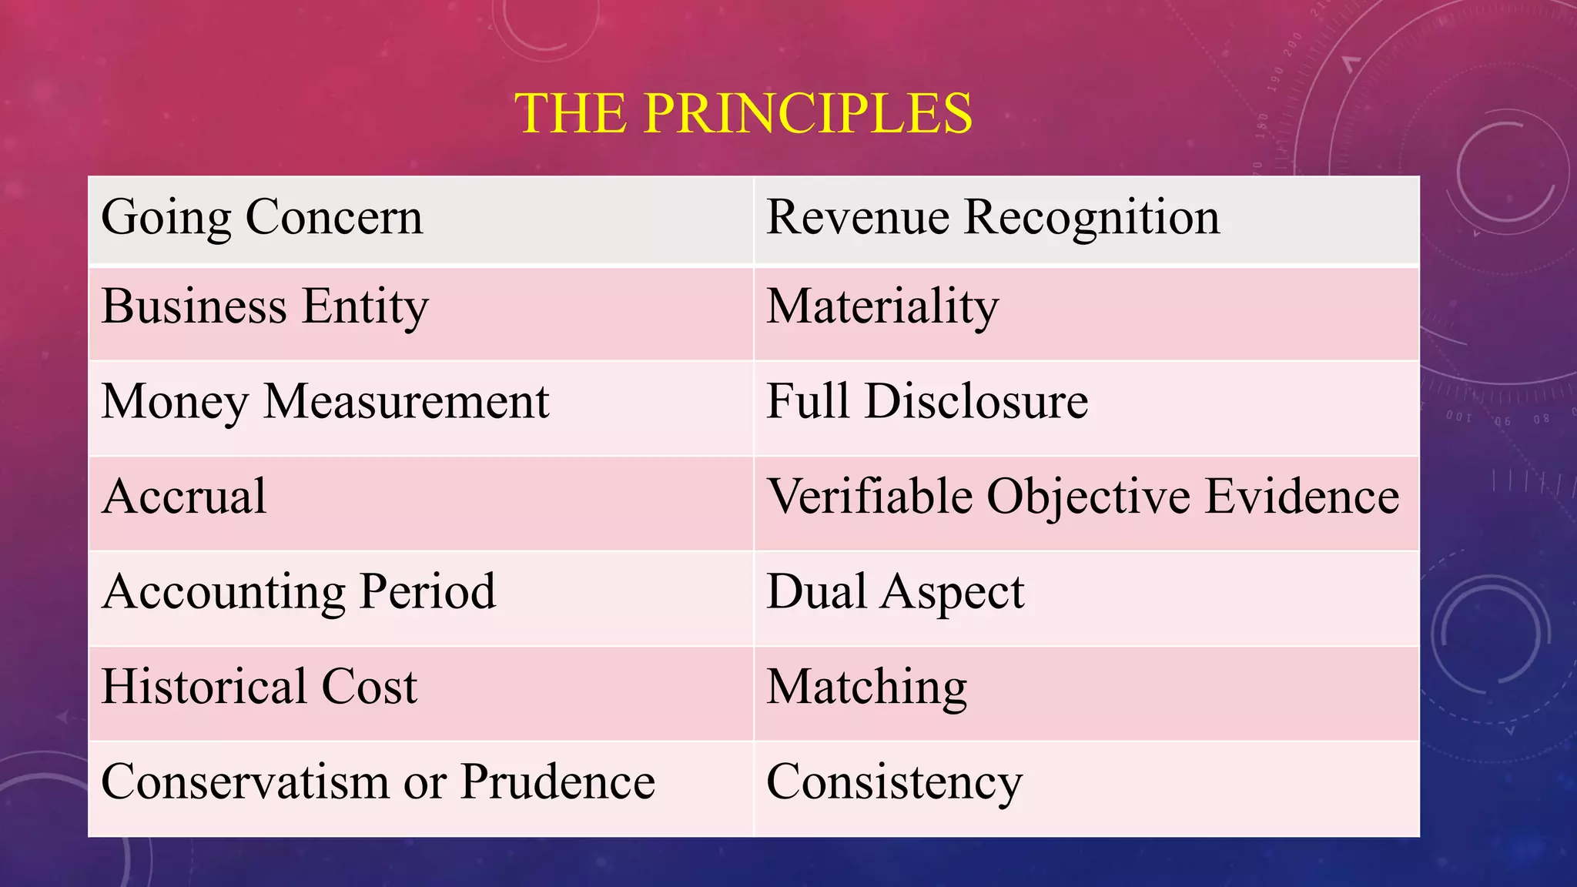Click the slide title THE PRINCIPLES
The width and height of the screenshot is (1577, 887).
tap(743, 113)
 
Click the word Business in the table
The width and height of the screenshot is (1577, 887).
tap(194, 306)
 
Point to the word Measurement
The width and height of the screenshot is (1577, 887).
tap(406, 402)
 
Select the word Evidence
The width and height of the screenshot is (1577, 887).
tap(1301, 497)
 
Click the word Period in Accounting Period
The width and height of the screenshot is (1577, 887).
tap(427, 592)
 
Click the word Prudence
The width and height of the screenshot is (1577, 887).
tap(557, 782)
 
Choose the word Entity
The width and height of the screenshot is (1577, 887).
tap(365, 306)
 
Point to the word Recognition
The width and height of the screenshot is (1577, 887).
tap(1092, 217)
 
